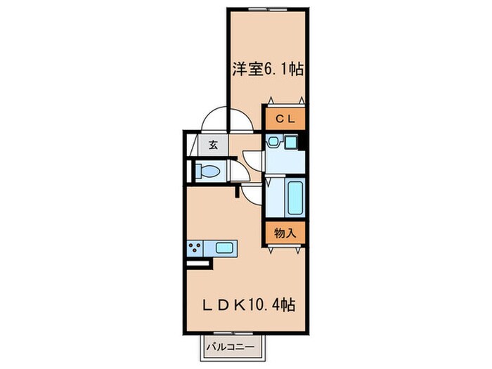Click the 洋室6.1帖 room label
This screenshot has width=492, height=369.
268,70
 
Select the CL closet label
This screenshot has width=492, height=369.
285,118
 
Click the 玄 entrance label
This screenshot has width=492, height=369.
212,146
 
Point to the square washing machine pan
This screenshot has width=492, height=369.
291,141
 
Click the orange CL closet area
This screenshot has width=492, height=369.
285,118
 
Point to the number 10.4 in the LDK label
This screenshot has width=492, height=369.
269,306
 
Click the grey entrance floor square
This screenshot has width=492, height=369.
212,146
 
